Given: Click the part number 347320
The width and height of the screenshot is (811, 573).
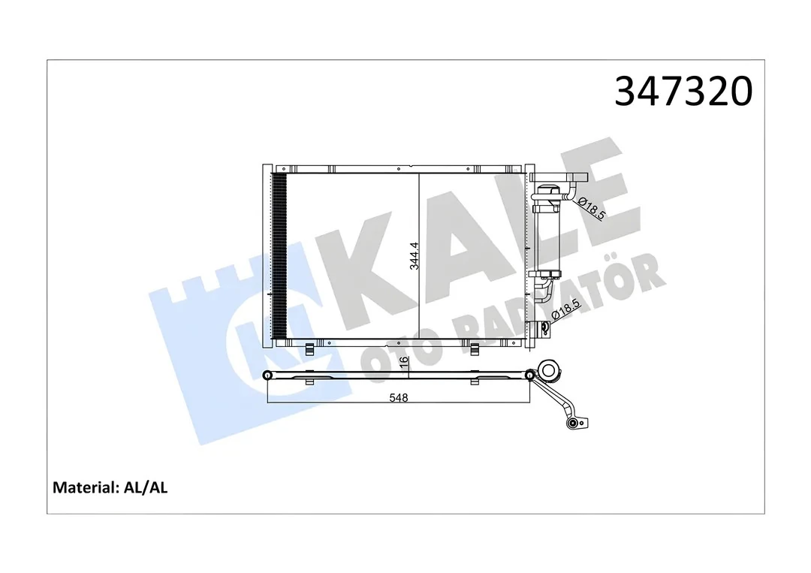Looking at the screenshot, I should pos(683,92).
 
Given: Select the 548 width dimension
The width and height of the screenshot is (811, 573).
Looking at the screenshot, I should pos(399,397).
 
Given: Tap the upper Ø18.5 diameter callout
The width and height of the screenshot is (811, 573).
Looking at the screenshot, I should pos(594,205).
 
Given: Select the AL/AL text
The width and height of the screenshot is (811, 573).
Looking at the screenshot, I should pos(146,487).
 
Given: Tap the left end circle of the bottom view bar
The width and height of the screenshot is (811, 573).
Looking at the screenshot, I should pos(267,375).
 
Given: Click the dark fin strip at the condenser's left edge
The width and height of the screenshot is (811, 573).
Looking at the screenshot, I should pos(279,255).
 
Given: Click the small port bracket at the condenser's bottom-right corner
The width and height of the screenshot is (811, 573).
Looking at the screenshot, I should pos(540,327).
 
